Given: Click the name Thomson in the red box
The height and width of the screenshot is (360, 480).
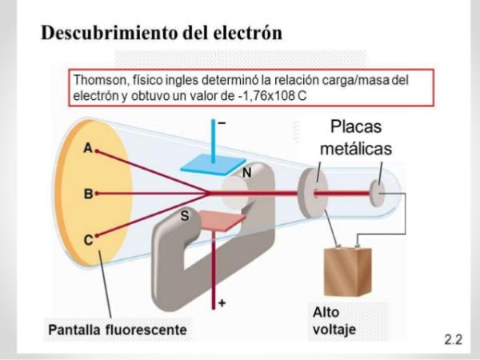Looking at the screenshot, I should click(x=98, y=81).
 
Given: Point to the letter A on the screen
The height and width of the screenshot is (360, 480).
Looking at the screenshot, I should click(x=87, y=149).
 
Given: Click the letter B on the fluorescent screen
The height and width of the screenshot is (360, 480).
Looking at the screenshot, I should click(x=87, y=194).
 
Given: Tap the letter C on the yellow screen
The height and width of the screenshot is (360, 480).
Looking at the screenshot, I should click(x=87, y=238).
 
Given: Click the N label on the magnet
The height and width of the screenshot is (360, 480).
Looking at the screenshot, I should click(x=248, y=172).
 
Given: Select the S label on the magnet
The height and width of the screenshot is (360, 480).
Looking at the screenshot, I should click(x=185, y=216).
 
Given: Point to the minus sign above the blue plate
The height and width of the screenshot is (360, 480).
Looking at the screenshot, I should click(x=222, y=124).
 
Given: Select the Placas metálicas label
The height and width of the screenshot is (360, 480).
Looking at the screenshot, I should click(x=357, y=138).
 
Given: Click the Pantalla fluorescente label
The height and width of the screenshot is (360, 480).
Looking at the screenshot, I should click(x=117, y=329).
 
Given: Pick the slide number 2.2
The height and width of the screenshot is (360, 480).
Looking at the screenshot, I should click(x=453, y=339).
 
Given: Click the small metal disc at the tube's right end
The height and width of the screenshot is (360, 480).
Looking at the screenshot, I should click(x=376, y=192).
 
